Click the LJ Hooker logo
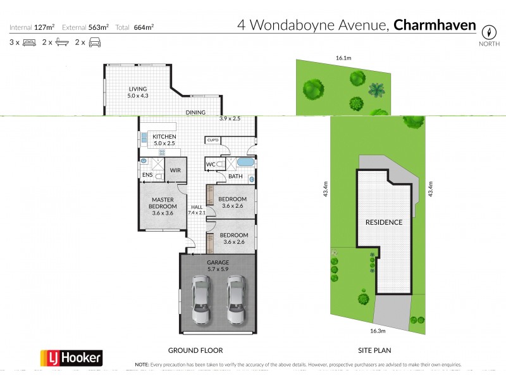point(71,357)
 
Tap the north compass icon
point(488,33)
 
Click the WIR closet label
point(175,170)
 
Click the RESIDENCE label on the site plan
point(383,222)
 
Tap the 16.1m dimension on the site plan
point(343,58)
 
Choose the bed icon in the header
point(28,42)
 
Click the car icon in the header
point(95,42)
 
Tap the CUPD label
point(213,140)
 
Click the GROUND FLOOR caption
point(195,350)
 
